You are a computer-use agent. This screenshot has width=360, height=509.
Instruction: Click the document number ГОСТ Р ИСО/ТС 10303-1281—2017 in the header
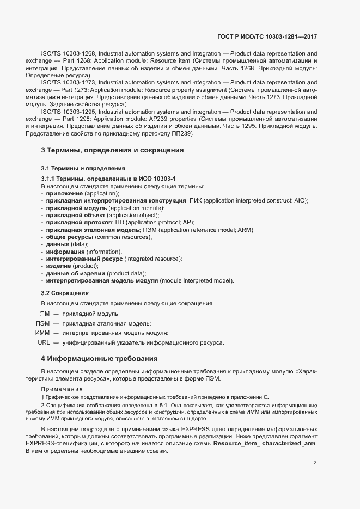tap(267, 36)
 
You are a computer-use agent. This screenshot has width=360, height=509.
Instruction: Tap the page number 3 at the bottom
tap(315, 462)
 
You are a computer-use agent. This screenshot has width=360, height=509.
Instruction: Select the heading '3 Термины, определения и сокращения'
tap(112, 150)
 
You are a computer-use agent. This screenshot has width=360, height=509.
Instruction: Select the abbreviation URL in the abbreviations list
tap(44, 342)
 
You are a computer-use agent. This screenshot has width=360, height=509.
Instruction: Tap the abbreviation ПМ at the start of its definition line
tap(45, 314)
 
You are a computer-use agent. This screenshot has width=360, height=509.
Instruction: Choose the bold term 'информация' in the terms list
tap(65, 252)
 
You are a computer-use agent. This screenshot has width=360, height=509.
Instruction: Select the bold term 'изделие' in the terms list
tap(58, 266)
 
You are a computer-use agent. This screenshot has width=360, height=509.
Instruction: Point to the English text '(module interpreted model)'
tap(197, 280)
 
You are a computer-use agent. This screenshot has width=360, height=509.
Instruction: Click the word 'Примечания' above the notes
tap(62, 389)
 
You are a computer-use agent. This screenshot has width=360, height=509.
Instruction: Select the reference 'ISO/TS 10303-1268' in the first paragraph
tap(68, 54)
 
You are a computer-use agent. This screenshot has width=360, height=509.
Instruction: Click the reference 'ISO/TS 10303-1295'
tap(68, 111)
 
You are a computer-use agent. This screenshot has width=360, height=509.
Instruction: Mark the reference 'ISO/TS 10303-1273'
tap(68, 82)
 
